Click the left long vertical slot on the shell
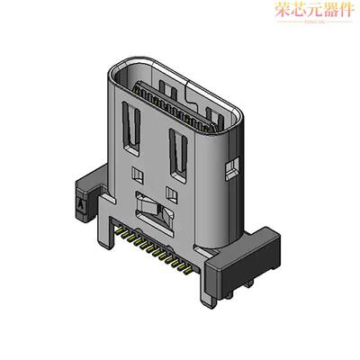pyautogui.click(x=133, y=126)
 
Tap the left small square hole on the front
pyautogui.click(x=137, y=170)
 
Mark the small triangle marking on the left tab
pyautogui.click(x=82, y=205)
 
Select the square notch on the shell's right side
pyautogui.click(x=231, y=166)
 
